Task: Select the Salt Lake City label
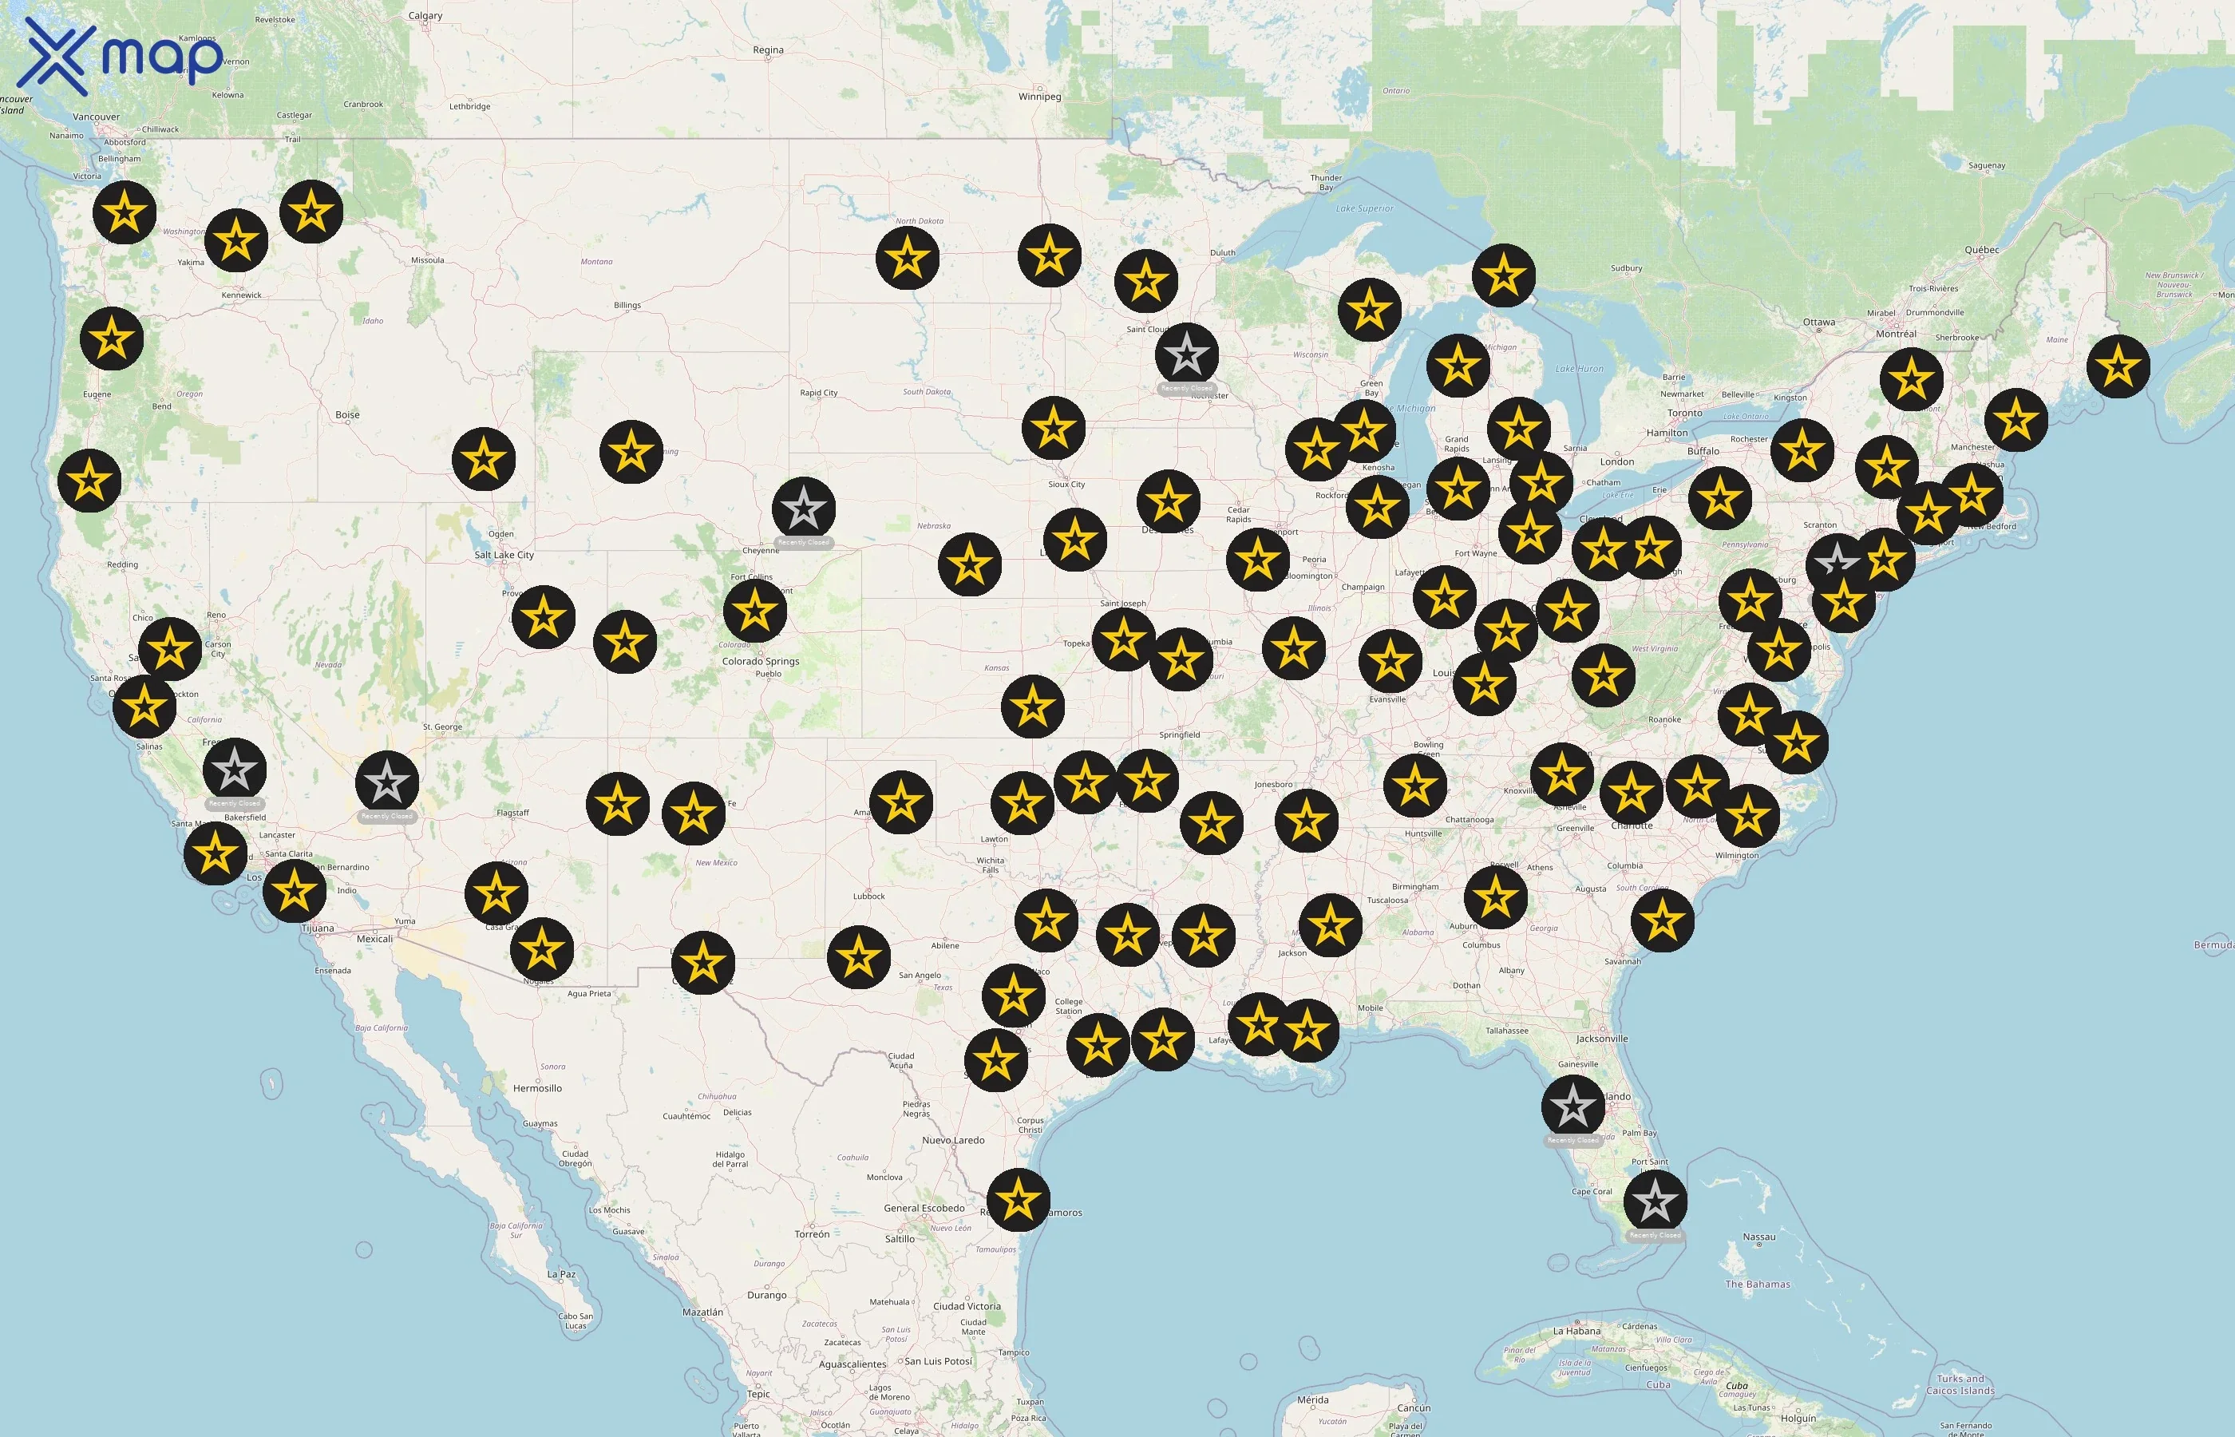pyautogui.click(x=504, y=555)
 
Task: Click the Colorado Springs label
pyautogui.click(x=760, y=662)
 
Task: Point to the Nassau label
pyautogui.click(x=1758, y=1237)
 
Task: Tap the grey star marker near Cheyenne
pyautogui.click(x=803, y=509)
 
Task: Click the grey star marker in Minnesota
pyautogui.click(x=1186, y=354)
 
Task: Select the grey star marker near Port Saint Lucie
pyautogui.click(x=1655, y=1201)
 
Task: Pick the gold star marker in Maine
pyautogui.click(x=2118, y=366)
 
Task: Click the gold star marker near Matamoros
pyautogui.click(x=1018, y=1200)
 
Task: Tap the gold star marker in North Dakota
pyautogui.click(x=907, y=258)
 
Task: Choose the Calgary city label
pyautogui.click(x=425, y=16)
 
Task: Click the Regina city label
pyautogui.click(x=768, y=50)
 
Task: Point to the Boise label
pyautogui.click(x=347, y=415)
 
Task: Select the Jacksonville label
pyautogui.click(x=1602, y=1039)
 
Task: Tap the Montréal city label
pyautogui.click(x=1896, y=334)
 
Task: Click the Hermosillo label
pyautogui.click(x=537, y=1089)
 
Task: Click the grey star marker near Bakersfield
pyautogui.click(x=234, y=770)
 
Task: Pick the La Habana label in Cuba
pyautogui.click(x=1577, y=1332)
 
